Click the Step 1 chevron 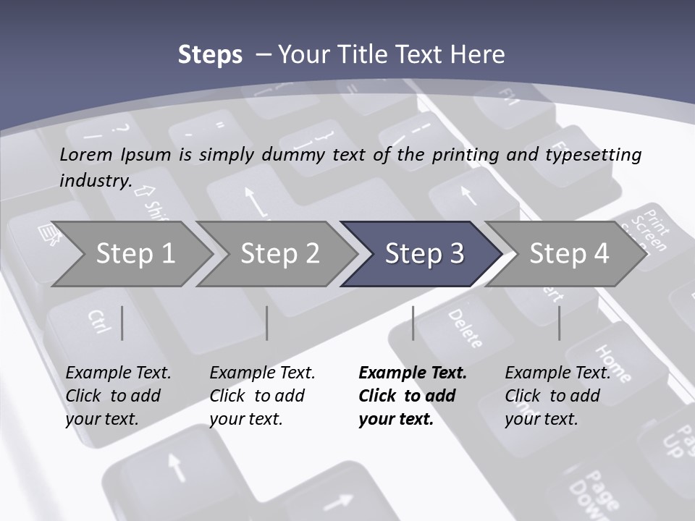click(134, 254)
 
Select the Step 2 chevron click(279, 254)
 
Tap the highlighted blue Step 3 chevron click(424, 254)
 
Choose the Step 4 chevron click(568, 254)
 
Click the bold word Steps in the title click(210, 55)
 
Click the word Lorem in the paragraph click(86, 154)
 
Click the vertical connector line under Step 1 click(122, 323)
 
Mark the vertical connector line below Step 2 click(267, 323)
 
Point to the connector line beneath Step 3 click(413, 323)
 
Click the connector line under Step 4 click(560, 323)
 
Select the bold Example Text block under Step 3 click(413, 396)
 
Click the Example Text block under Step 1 click(118, 396)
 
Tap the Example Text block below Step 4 click(557, 396)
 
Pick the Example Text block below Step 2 click(262, 396)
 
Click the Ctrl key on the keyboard click(98, 322)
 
